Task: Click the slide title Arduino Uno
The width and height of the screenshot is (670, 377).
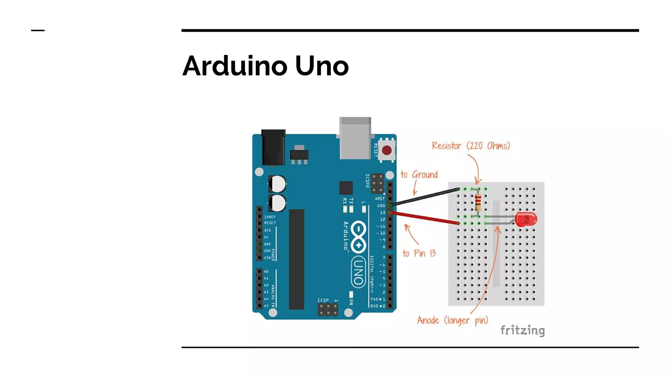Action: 265,66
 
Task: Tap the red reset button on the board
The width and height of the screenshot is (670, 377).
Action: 387,151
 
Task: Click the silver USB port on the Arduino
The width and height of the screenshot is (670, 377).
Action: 356,138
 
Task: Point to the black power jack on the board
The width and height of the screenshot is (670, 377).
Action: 273,147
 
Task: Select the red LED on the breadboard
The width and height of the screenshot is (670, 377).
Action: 526,219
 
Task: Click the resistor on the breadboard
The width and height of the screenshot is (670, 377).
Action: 478,202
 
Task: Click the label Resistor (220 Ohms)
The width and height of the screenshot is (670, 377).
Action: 471,146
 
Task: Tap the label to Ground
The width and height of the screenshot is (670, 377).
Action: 419,175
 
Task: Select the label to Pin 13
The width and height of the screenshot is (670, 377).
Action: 419,253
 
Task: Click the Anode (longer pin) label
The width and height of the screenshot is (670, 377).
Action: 452,320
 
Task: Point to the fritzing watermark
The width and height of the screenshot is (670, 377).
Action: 522,330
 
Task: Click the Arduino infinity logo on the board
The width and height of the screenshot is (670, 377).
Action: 359,237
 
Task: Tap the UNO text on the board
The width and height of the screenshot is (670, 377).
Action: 358,272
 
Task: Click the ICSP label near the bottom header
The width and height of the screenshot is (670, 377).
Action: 323,300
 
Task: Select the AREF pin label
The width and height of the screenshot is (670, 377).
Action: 379,199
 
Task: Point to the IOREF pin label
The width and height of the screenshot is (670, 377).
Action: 270,217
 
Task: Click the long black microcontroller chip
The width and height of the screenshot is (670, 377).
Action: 296,259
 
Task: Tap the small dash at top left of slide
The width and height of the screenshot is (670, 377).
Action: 38,31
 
